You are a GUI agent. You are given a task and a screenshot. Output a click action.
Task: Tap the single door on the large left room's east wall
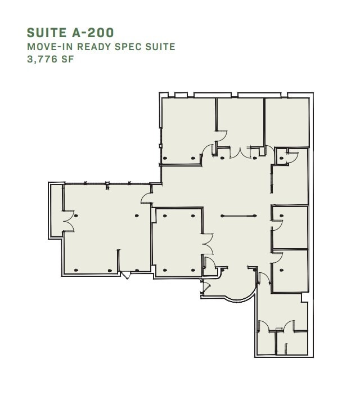coord(146,197)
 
